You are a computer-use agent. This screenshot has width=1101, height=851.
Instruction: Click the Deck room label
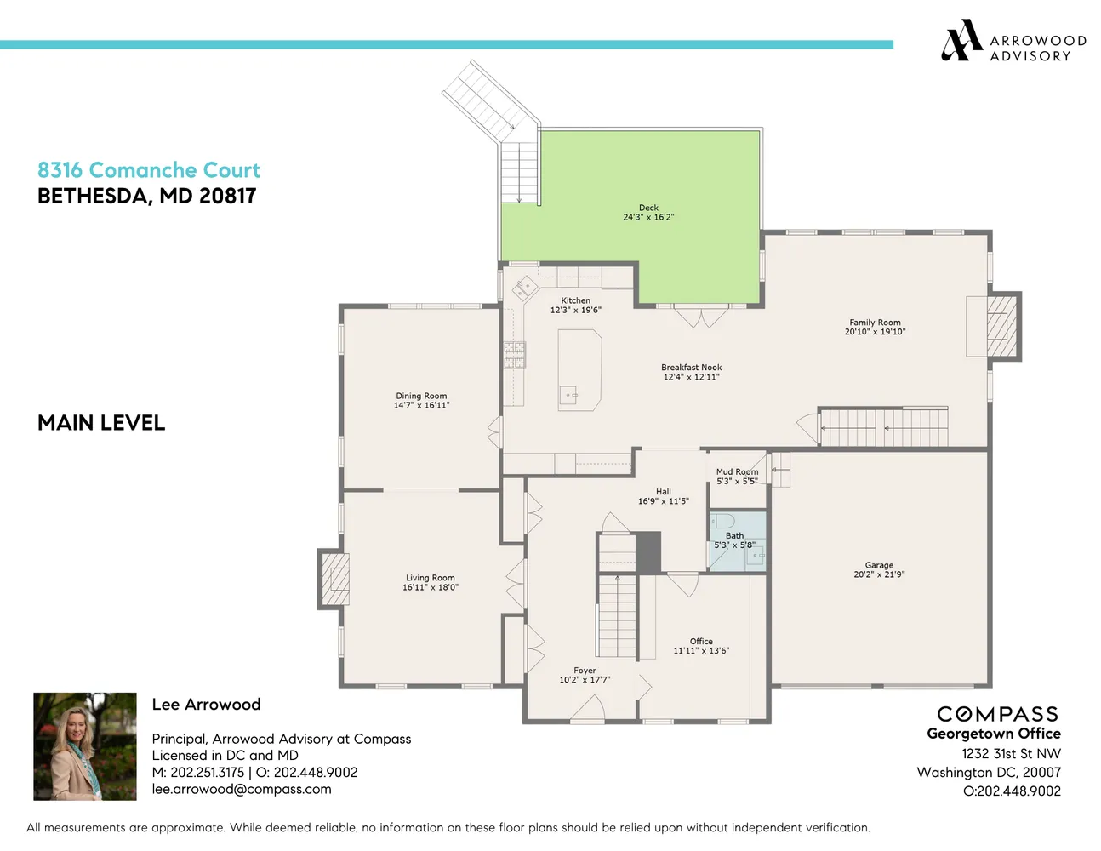pyautogui.click(x=648, y=208)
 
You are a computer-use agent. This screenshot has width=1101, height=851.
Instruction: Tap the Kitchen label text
pyautogui.click(x=575, y=300)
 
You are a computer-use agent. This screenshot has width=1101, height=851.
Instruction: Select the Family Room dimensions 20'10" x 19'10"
pyautogui.click(x=875, y=332)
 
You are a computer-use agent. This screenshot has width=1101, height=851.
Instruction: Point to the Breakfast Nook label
pyautogui.click(x=691, y=368)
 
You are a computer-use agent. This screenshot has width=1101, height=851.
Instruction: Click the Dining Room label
pyautogui.click(x=421, y=396)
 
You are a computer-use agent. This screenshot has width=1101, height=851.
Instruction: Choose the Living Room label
pyautogui.click(x=430, y=578)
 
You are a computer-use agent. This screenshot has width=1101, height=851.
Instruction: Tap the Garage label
pyautogui.click(x=879, y=565)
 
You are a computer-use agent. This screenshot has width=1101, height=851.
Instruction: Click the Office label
pyautogui.click(x=701, y=642)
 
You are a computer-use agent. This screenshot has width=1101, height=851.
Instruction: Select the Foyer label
pyautogui.click(x=585, y=671)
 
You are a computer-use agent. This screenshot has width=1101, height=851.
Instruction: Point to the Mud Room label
pyautogui.click(x=737, y=471)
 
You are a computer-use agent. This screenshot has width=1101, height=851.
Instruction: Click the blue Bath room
pyautogui.click(x=738, y=541)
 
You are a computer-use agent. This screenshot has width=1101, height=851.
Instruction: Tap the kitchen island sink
pyautogui.click(x=568, y=395)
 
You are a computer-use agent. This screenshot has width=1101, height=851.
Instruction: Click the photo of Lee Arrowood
pyautogui.click(x=85, y=746)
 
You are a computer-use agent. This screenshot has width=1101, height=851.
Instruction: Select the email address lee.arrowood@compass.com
pyautogui.click(x=242, y=789)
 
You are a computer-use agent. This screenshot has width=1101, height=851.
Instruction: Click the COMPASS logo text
pyautogui.click(x=997, y=714)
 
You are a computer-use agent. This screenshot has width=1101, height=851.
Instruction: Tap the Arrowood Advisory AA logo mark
pyautogui.click(x=961, y=41)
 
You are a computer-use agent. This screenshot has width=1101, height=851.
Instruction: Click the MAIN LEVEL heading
pyautogui.click(x=101, y=423)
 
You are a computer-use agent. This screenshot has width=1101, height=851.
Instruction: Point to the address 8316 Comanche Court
pyautogui.click(x=149, y=170)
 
